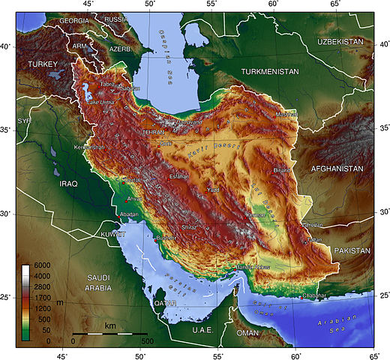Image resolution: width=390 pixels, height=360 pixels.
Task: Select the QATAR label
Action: (164, 303)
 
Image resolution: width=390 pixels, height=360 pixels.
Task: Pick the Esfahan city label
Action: (178, 175)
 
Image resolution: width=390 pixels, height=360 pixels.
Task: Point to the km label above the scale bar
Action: (110, 325)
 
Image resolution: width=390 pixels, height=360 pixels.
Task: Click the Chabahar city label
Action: (317, 295)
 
